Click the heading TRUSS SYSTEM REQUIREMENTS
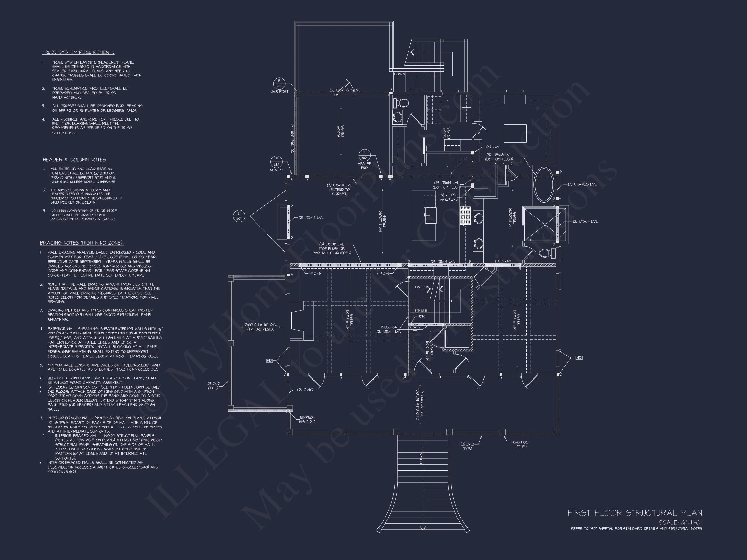click(x=78, y=52)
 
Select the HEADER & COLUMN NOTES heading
click(x=74, y=160)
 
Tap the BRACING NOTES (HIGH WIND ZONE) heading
click(x=82, y=243)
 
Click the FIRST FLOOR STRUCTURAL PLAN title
click(x=634, y=513)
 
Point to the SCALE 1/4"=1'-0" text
click(x=680, y=522)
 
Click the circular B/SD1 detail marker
click(x=279, y=83)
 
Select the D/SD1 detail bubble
click(x=239, y=216)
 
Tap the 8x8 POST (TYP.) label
click(x=521, y=444)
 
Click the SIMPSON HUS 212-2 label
click(x=307, y=420)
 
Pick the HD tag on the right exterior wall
click(x=579, y=358)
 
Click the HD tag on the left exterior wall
click(x=269, y=360)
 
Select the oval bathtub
click(x=543, y=185)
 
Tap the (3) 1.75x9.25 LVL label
click(x=582, y=184)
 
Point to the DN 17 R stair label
click(x=421, y=287)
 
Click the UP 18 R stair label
click(x=421, y=311)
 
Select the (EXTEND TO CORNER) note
click(x=339, y=192)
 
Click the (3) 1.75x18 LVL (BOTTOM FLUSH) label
click(x=499, y=157)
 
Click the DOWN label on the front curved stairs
click(x=421, y=458)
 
